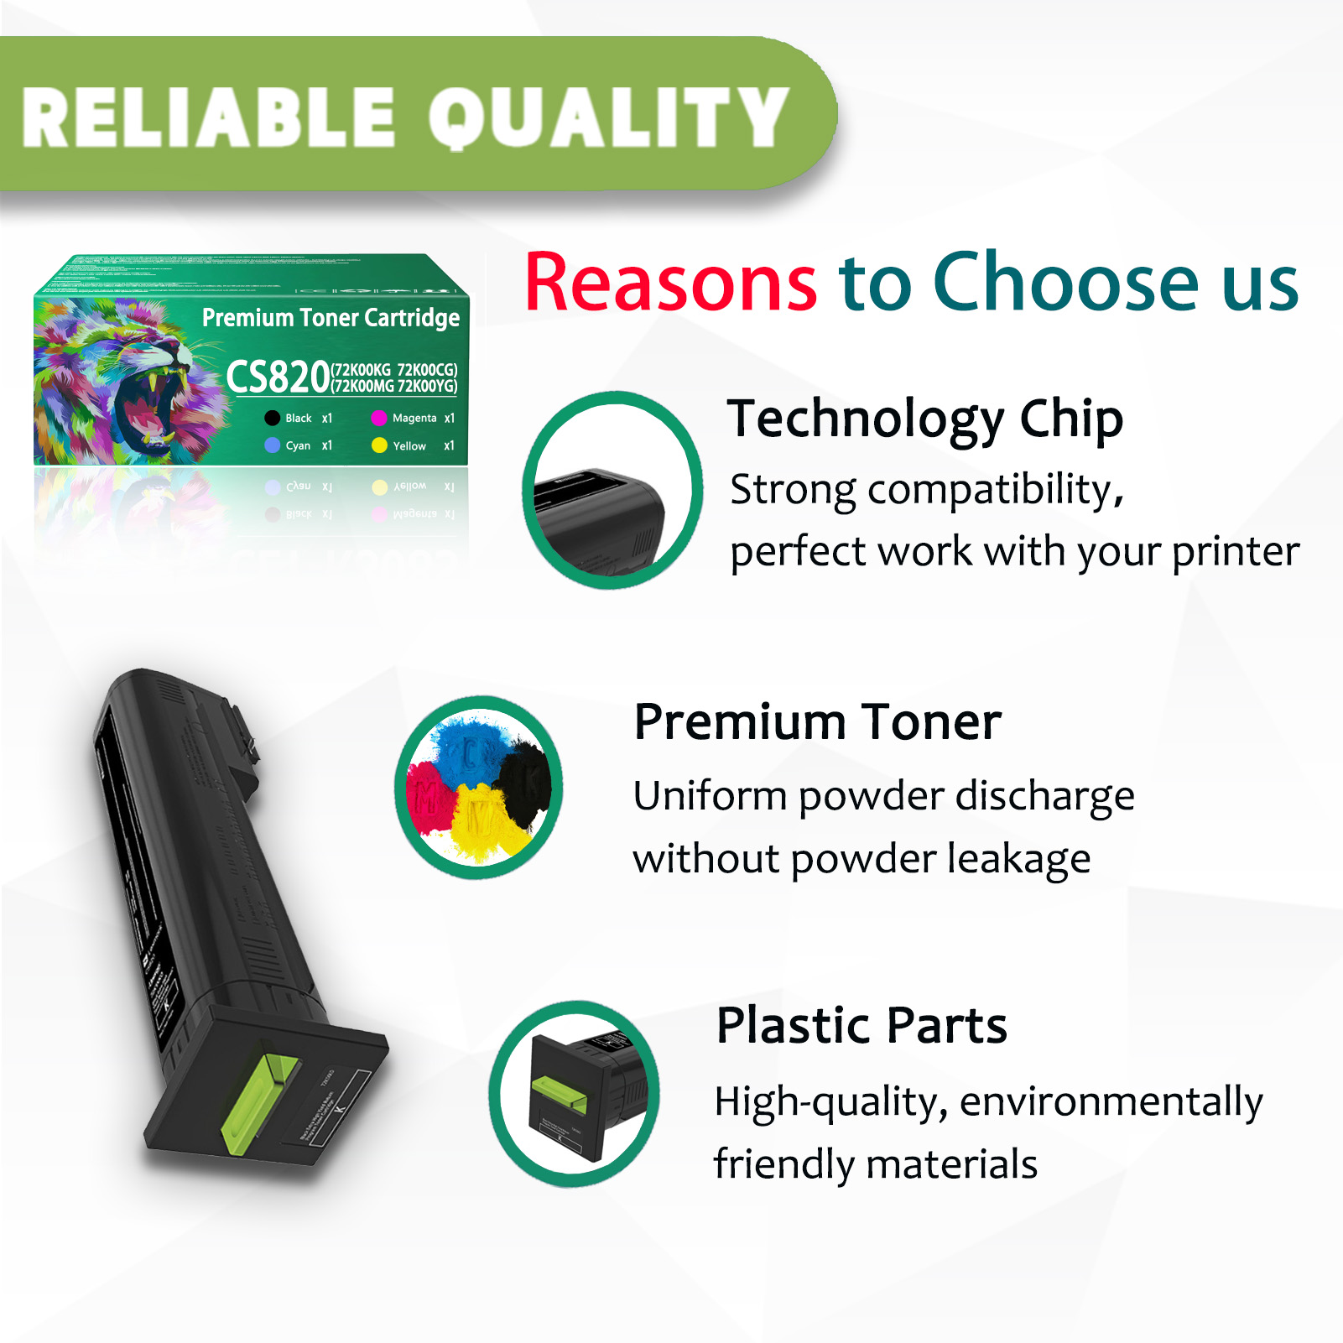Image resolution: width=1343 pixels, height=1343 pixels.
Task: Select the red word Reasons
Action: [x=670, y=283]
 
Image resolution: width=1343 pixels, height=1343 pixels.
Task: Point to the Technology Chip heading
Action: [x=924, y=419]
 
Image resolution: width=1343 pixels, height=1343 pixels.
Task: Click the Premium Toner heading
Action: [x=817, y=721]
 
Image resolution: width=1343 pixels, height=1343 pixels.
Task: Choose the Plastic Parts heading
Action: [x=861, y=1025]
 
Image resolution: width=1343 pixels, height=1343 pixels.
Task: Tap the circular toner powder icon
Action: [x=479, y=787]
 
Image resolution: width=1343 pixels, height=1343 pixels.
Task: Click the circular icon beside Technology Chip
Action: [x=612, y=491]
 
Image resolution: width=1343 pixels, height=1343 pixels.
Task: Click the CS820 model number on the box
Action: [x=278, y=377]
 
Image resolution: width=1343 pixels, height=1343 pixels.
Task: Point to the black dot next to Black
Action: [x=272, y=418]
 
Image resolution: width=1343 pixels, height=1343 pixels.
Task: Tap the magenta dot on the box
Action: [x=379, y=418]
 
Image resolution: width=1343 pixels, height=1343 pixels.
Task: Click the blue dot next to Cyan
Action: [x=272, y=445]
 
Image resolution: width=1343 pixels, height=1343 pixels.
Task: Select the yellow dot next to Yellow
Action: [x=379, y=445]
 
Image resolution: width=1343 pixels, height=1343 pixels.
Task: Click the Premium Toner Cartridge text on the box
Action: [x=331, y=318]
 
